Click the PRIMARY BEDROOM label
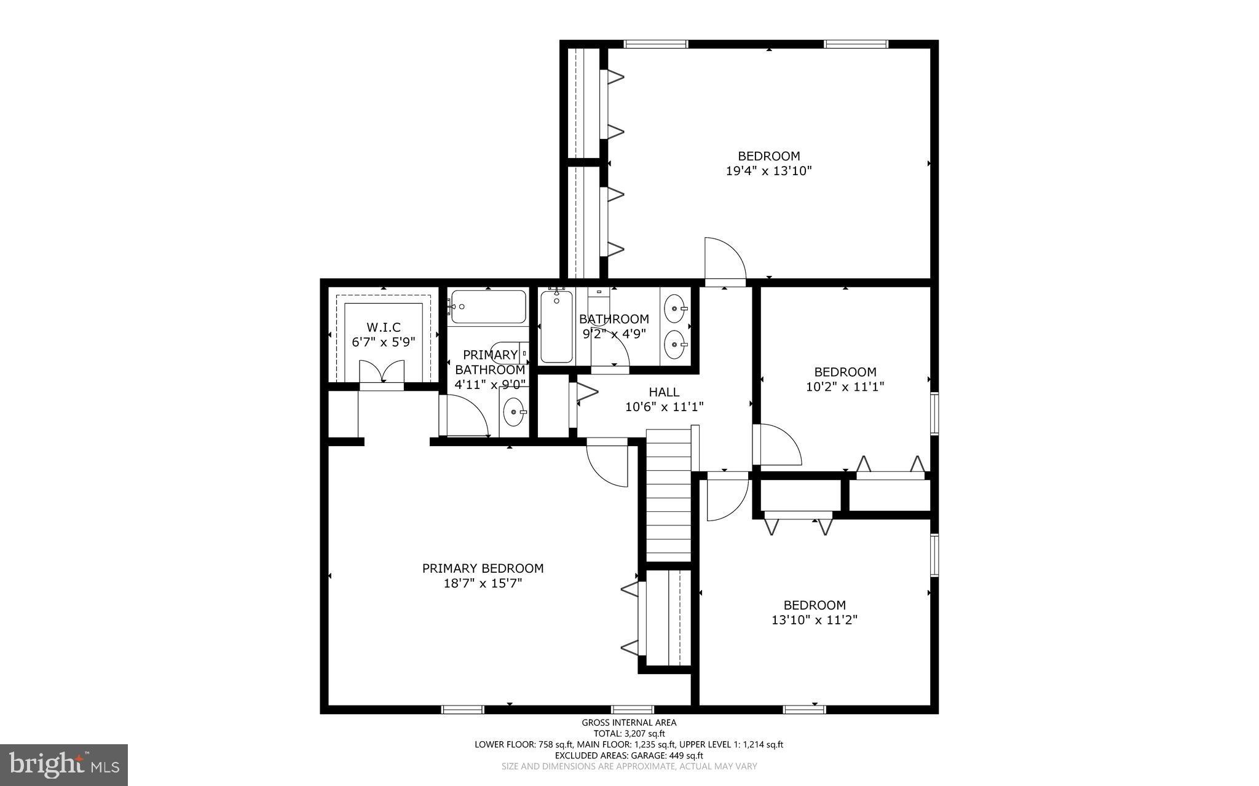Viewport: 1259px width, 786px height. pos(483,568)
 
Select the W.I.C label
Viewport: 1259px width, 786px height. pos(384,328)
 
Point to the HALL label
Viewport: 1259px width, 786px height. pos(664,392)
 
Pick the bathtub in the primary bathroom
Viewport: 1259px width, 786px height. pos(489,307)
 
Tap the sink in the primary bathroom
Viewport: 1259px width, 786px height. pos(513,412)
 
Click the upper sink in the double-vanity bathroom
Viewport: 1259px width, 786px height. pos(676,305)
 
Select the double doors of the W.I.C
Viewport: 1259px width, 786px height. pos(382,372)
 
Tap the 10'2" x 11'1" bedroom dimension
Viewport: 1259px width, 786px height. pos(845,387)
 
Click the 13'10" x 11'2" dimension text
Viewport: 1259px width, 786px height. pos(814,620)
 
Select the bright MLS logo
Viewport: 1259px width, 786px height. pos(64,764)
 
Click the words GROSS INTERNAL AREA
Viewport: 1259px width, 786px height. pos(629,723)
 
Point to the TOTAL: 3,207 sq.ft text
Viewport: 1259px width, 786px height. pos(629,733)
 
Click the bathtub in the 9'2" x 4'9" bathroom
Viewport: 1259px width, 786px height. pos(556,327)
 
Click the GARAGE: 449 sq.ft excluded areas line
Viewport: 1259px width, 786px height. pos(629,755)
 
